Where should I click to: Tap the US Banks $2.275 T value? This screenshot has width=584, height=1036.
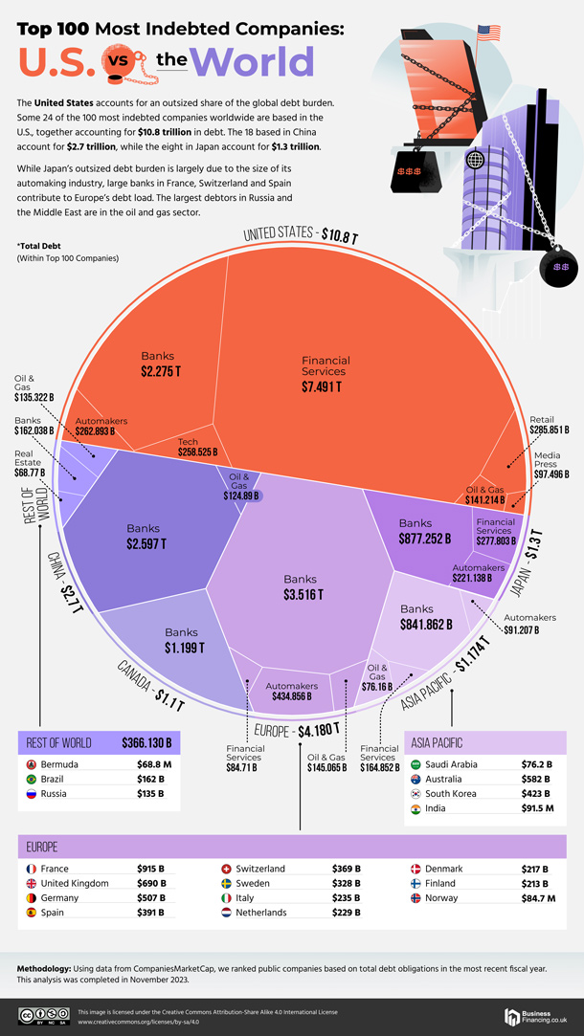158,371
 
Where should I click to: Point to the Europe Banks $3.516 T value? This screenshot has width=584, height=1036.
302,595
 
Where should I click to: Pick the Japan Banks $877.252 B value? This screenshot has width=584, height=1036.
425,540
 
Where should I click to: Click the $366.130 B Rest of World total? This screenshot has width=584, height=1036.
146,742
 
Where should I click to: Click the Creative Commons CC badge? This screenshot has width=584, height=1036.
38,1015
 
